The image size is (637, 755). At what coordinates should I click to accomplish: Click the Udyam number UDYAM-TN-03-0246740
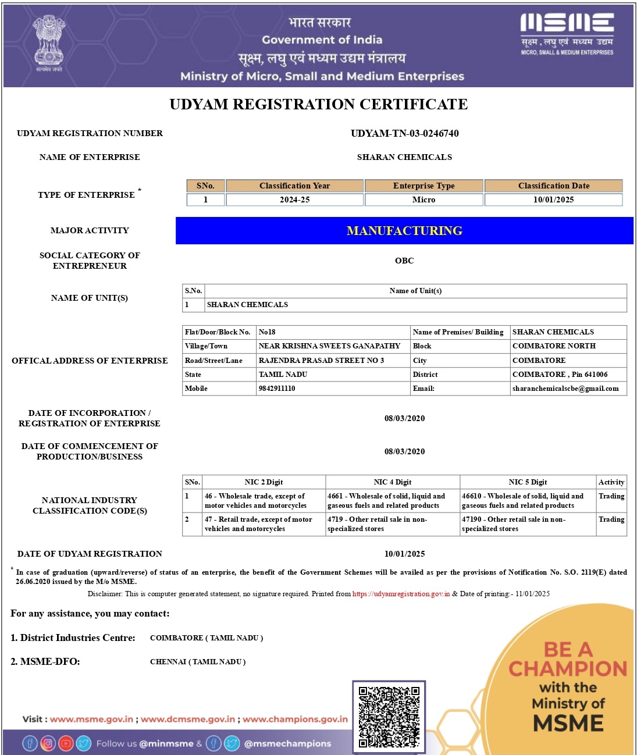click(404, 133)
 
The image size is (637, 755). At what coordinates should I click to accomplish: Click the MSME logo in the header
click(567, 34)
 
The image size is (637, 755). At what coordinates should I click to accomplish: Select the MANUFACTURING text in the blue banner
click(404, 231)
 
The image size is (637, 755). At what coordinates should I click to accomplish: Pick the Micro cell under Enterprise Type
click(424, 200)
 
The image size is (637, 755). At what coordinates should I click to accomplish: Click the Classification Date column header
click(553, 186)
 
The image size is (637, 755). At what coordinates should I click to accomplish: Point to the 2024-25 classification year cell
click(294, 200)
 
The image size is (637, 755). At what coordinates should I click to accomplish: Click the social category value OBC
click(404, 261)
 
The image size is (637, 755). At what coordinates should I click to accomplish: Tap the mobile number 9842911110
click(277, 389)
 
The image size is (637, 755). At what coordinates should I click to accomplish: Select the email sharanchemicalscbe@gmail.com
click(565, 389)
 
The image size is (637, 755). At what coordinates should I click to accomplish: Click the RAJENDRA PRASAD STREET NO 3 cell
click(321, 361)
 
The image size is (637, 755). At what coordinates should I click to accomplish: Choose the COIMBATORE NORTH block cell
click(554, 346)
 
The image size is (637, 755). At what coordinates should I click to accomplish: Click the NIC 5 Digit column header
click(528, 482)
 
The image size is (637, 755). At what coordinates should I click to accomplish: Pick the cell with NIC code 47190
click(528, 524)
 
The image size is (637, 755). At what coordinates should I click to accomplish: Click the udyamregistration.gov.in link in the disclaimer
click(401, 594)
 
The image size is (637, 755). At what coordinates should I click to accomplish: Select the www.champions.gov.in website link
click(295, 720)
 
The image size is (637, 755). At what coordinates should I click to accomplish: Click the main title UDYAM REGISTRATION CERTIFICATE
click(318, 105)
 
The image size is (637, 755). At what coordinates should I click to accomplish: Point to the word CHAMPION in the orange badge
click(568, 669)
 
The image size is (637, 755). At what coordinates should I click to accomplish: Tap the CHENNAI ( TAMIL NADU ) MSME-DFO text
click(198, 662)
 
